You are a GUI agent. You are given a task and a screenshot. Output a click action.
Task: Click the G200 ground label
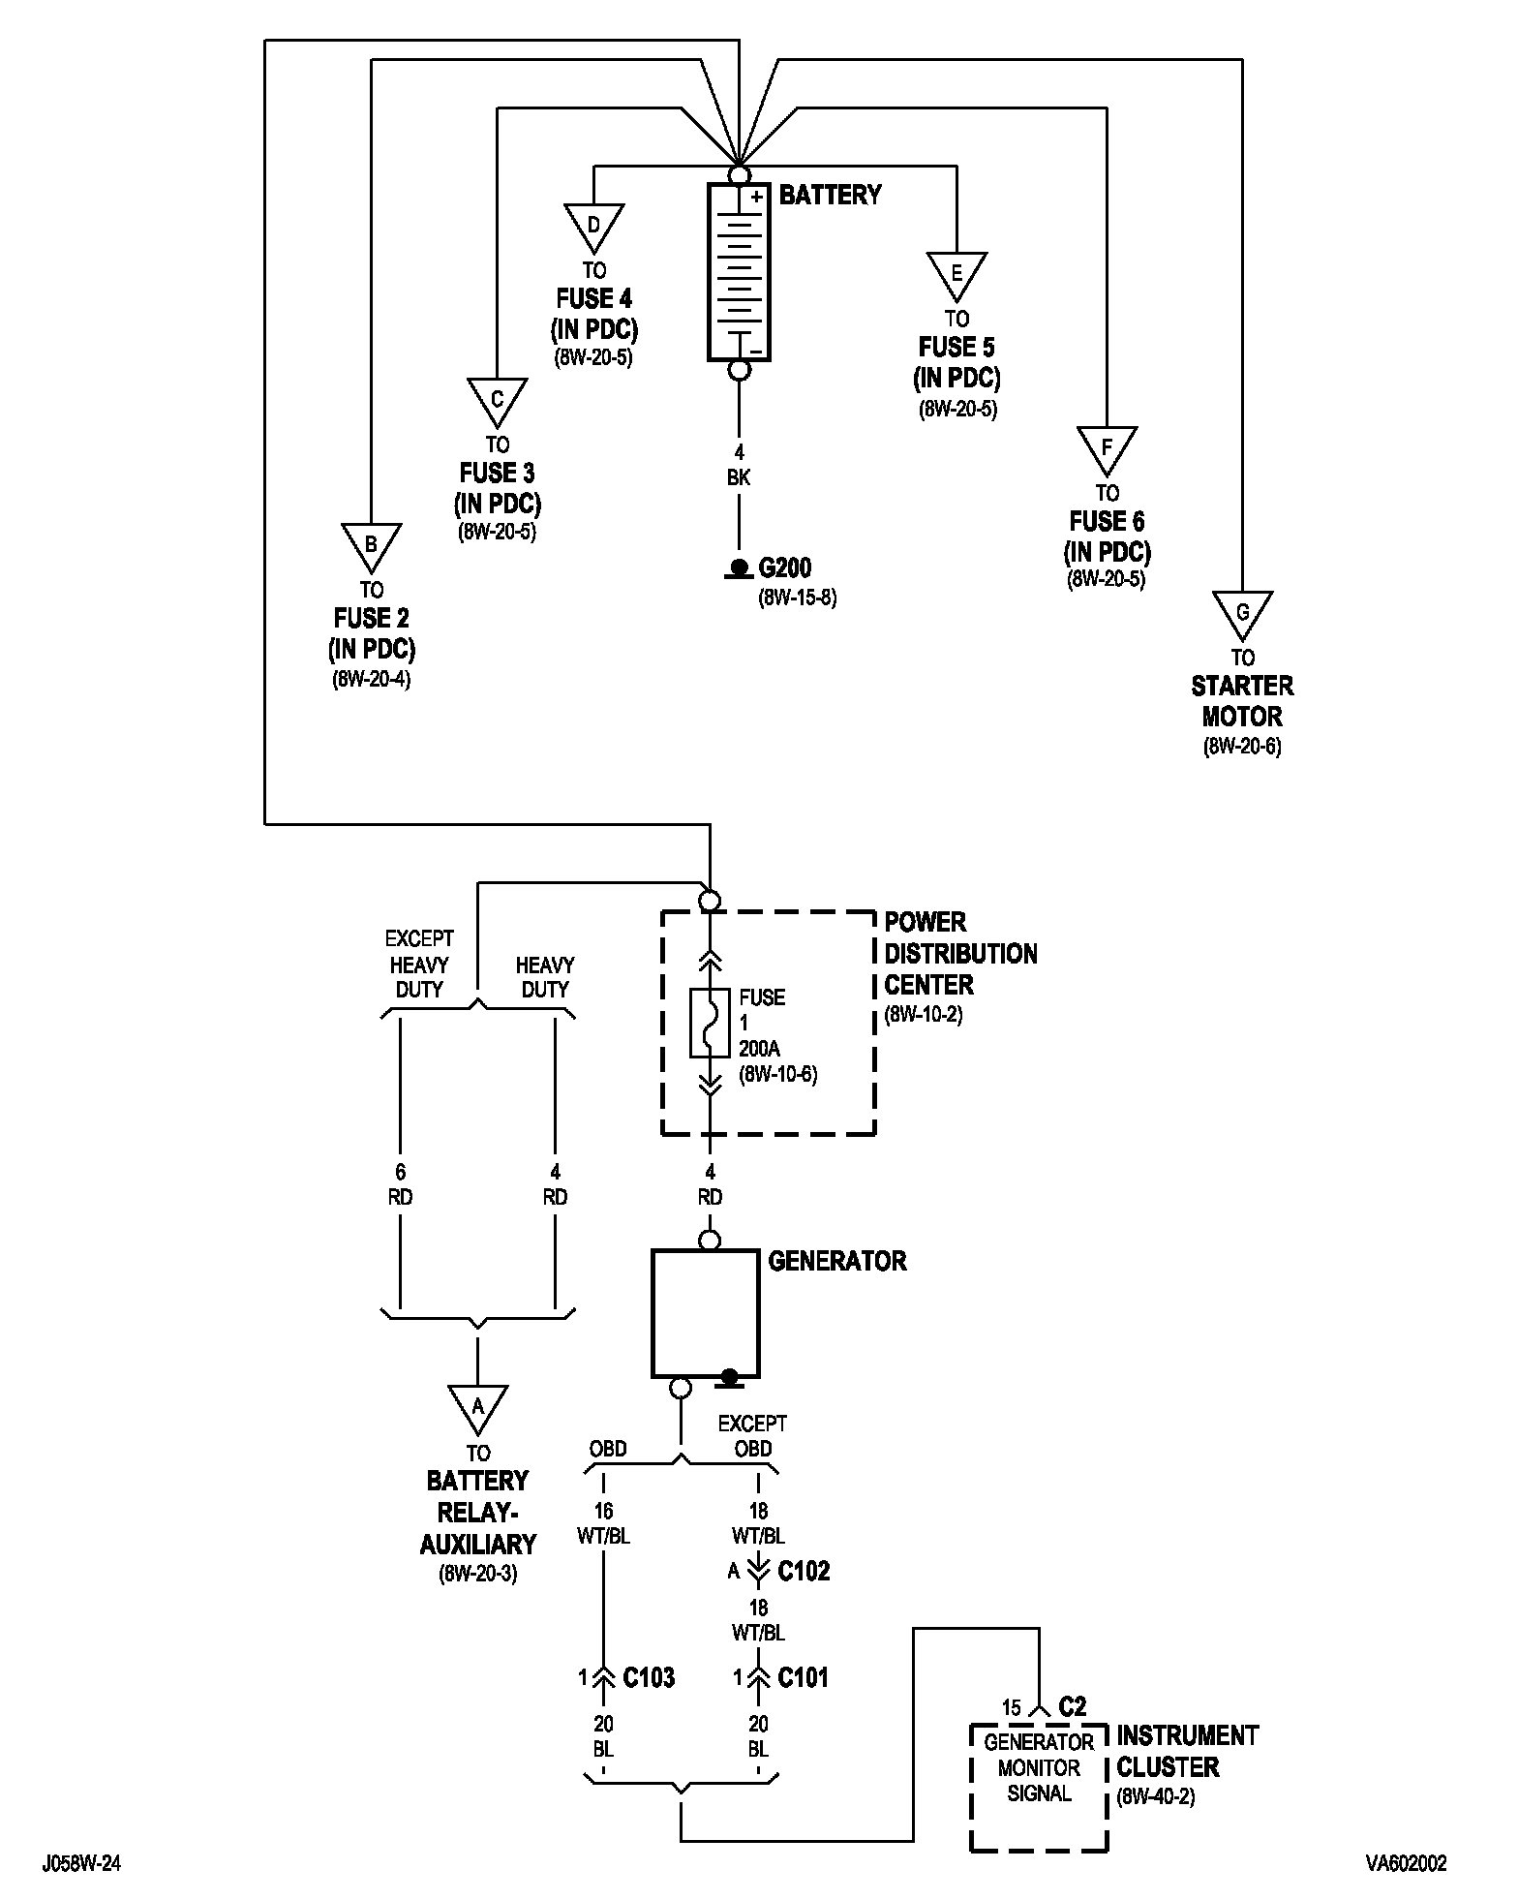(785, 567)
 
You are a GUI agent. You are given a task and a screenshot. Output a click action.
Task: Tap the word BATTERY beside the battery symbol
(831, 195)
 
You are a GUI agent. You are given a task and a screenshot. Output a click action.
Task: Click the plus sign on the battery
(757, 197)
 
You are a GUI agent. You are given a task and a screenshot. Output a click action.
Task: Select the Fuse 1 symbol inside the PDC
(711, 1023)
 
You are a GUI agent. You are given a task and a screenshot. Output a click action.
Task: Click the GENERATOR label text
(837, 1261)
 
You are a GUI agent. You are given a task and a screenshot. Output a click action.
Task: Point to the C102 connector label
(804, 1571)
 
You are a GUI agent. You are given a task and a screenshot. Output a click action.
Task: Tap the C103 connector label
(649, 1677)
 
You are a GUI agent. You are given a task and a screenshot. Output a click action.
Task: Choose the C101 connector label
(804, 1677)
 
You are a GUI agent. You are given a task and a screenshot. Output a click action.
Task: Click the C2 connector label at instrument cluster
(1073, 1706)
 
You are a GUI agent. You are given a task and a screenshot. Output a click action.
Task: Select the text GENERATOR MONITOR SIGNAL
(1039, 1767)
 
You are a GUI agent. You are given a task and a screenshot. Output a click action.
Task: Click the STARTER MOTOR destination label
(1242, 701)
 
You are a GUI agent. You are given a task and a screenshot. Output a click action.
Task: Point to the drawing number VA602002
(1407, 1863)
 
